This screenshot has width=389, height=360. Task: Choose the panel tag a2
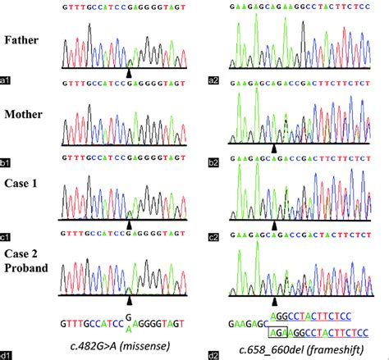[x=213, y=80]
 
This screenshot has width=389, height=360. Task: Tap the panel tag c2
[x=213, y=238]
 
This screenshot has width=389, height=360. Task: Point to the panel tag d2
[x=213, y=354]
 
